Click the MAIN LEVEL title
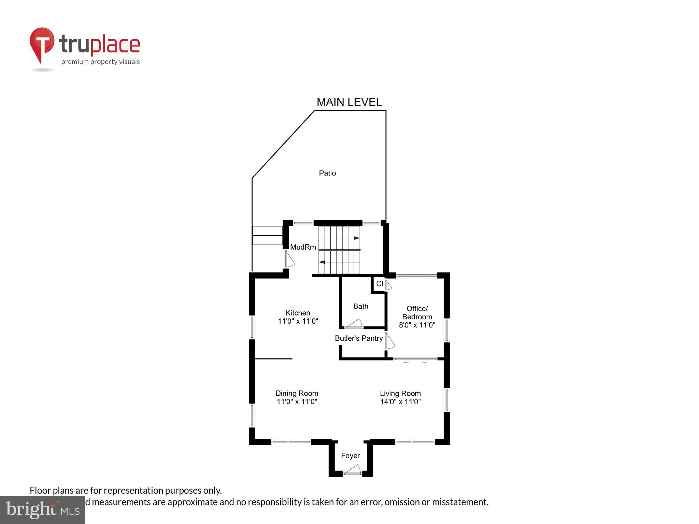click(x=349, y=102)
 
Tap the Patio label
click(x=327, y=173)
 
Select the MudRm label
click(x=303, y=247)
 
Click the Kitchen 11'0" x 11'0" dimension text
click(x=298, y=321)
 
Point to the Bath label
click(x=360, y=306)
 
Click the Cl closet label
click(x=380, y=284)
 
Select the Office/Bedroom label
click(x=417, y=312)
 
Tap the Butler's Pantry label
click(x=359, y=338)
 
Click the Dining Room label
click(x=297, y=393)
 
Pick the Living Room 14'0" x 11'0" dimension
click(x=400, y=402)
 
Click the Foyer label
click(x=350, y=456)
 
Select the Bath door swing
click(x=355, y=323)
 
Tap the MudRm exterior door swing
click(x=289, y=259)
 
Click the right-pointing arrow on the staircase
click(x=356, y=238)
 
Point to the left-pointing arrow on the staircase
click(x=322, y=262)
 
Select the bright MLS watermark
click(x=42, y=510)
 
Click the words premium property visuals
click(x=100, y=62)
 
